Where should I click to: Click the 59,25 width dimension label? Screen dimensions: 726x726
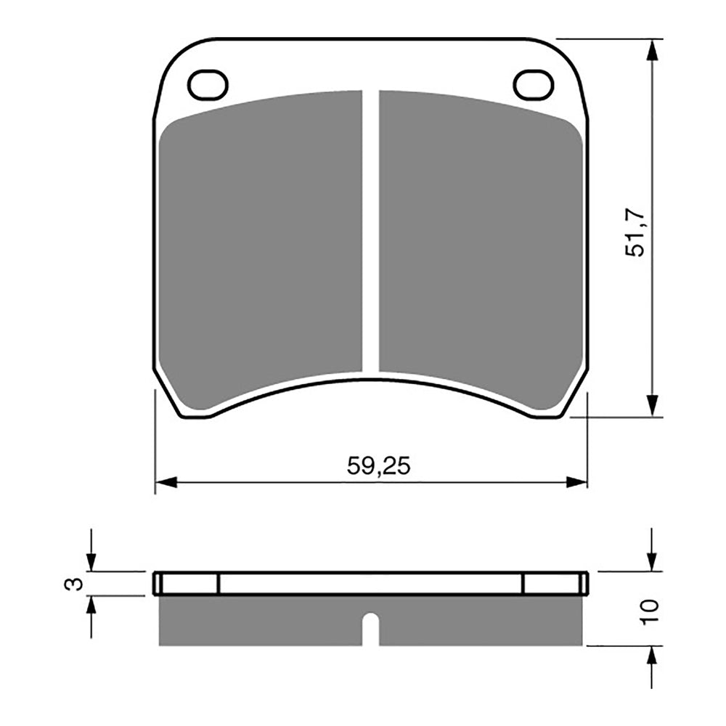378,466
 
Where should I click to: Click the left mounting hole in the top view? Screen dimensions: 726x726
208,85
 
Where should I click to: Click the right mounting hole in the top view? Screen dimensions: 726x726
534,85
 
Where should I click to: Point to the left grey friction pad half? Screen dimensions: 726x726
261,247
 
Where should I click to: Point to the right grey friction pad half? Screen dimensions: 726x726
479,247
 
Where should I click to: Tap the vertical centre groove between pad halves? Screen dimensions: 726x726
370,232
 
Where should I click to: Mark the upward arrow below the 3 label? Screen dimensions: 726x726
91,607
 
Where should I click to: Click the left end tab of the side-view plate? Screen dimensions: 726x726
187,584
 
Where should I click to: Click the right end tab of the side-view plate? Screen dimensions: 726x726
555,584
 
